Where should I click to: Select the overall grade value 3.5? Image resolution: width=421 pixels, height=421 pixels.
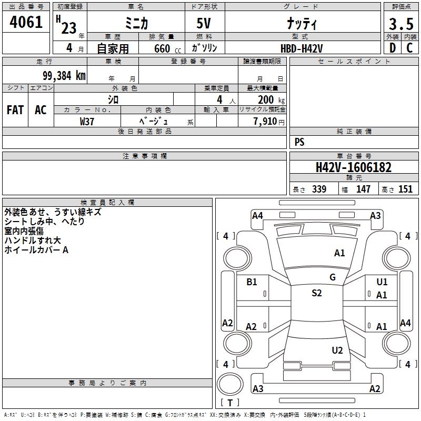tap(400, 24)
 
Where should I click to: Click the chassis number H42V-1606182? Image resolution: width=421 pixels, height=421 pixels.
tap(354, 167)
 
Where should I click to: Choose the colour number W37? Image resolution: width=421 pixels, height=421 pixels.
tap(87, 121)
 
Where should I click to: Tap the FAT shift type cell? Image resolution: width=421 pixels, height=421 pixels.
tap(15, 110)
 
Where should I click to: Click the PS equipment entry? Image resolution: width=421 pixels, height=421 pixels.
tap(299, 142)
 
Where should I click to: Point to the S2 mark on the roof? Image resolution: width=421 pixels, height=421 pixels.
tap(316, 293)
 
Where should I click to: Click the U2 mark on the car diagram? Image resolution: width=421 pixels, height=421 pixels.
tap(337, 350)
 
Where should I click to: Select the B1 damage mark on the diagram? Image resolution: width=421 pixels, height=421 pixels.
tap(252, 282)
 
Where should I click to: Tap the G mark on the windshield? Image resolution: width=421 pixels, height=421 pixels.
tap(333, 277)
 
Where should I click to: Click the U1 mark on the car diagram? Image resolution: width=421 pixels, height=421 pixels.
tap(382, 282)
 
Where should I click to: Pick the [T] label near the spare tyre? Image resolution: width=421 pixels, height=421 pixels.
tap(229, 403)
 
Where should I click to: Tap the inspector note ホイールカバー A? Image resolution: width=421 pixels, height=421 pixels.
tap(36, 250)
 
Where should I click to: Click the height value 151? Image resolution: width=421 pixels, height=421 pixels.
tap(405, 189)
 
